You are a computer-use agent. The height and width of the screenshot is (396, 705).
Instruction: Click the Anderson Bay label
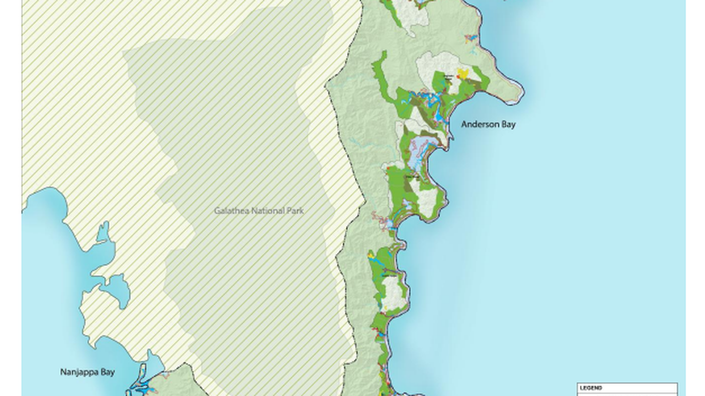(488, 124)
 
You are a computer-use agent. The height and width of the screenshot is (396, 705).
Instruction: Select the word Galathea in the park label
(231, 210)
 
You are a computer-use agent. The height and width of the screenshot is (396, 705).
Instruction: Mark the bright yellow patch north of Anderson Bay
(463, 73)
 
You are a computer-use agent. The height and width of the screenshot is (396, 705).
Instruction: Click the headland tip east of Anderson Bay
(519, 96)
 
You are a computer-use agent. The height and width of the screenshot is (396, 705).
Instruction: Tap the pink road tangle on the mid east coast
(381, 222)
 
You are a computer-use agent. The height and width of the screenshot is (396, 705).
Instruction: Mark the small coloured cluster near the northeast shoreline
(470, 39)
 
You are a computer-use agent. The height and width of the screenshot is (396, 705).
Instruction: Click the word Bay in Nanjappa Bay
(107, 372)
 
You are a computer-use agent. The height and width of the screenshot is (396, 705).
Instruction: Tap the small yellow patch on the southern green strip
(371, 255)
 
